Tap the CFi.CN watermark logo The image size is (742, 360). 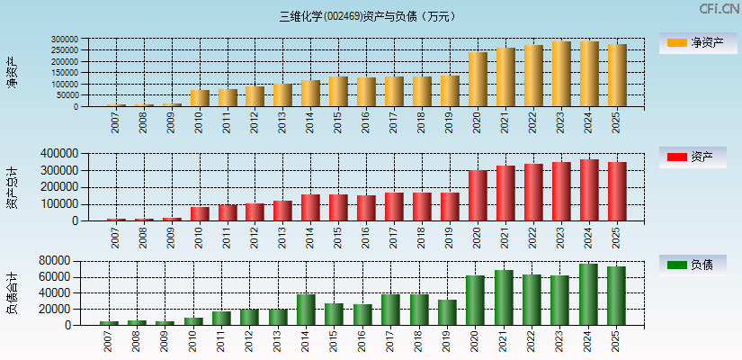pyautogui.click(x=719, y=9)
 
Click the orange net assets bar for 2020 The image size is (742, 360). pyautogui.click(x=478, y=79)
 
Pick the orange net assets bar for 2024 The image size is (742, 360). pyautogui.click(x=589, y=74)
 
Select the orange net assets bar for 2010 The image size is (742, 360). pyautogui.click(x=200, y=98)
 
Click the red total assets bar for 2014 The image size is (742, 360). pyautogui.click(x=310, y=208)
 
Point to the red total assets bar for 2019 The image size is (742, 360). pyautogui.click(x=450, y=207)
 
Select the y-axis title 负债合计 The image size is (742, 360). pyautogui.click(x=13, y=292)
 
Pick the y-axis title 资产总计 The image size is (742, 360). pyautogui.click(x=13, y=187)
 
